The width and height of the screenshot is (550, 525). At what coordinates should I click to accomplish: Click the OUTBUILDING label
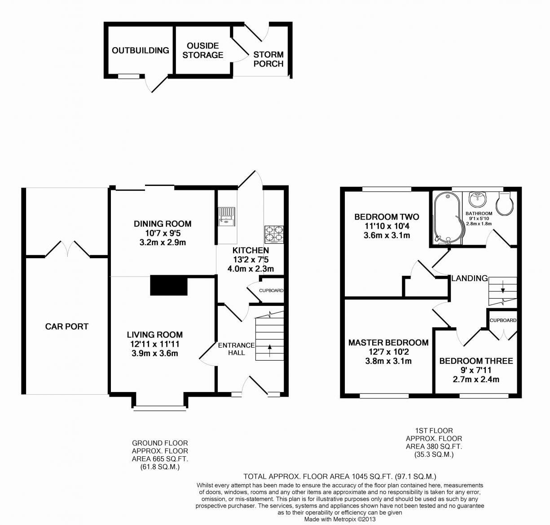pos(140,50)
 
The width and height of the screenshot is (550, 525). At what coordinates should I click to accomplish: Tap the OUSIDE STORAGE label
pos(202,50)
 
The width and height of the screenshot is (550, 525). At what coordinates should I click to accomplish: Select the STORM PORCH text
pos(268,59)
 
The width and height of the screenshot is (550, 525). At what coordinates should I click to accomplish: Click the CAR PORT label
pos(67,326)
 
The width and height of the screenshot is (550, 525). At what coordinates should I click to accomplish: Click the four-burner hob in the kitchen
pos(274,234)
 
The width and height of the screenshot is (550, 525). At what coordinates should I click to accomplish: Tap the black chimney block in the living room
pos(168,286)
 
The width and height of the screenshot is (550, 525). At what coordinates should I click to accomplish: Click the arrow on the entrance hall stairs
pos(269,349)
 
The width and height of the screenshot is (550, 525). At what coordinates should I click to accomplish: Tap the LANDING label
pos(470,278)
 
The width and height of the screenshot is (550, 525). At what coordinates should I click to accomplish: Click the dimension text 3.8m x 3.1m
pos(388,361)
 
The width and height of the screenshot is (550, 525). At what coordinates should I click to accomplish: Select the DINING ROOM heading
pos(163,224)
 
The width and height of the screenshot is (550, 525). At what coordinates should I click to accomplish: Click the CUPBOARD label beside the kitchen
pos(271,291)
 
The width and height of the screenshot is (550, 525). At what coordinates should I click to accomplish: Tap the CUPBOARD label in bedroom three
pos(503,320)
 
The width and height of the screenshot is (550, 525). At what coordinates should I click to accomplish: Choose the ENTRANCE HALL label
pos(236,349)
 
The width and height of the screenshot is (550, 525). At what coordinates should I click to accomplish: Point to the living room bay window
pos(160,408)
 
